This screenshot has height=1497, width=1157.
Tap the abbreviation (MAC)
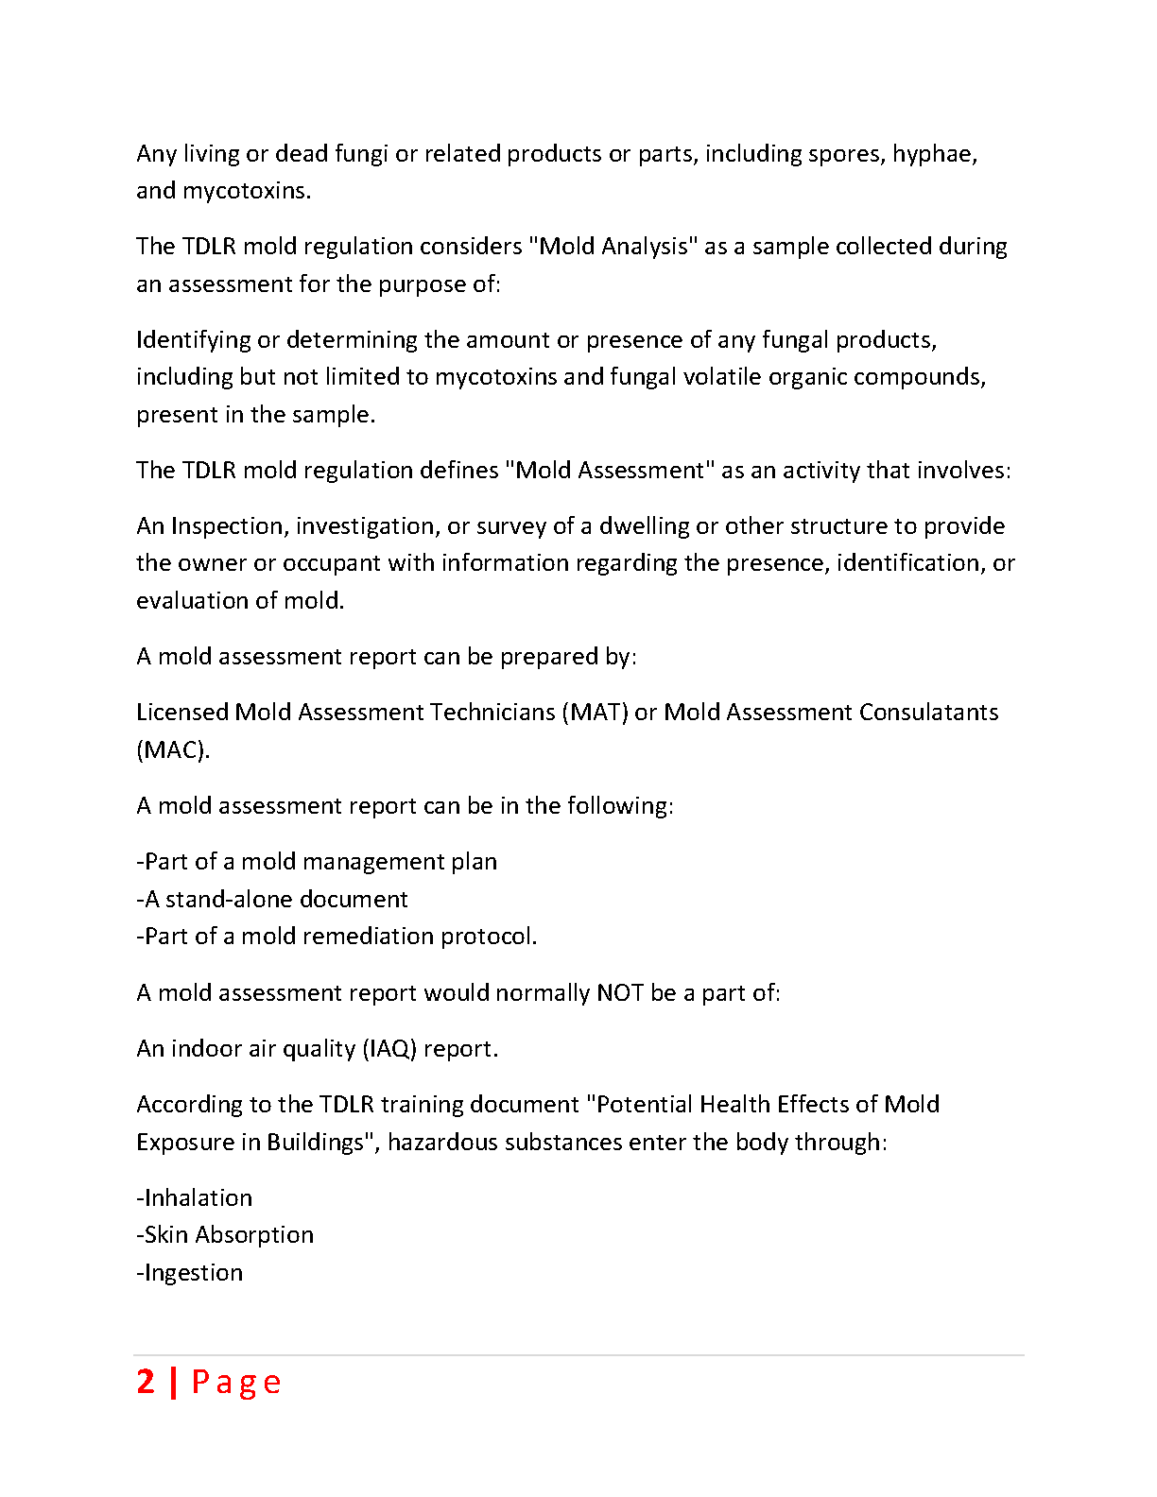pos(173,750)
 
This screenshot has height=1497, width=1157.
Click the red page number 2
pos(146,1382)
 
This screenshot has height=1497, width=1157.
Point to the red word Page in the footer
pos(236,1383)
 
